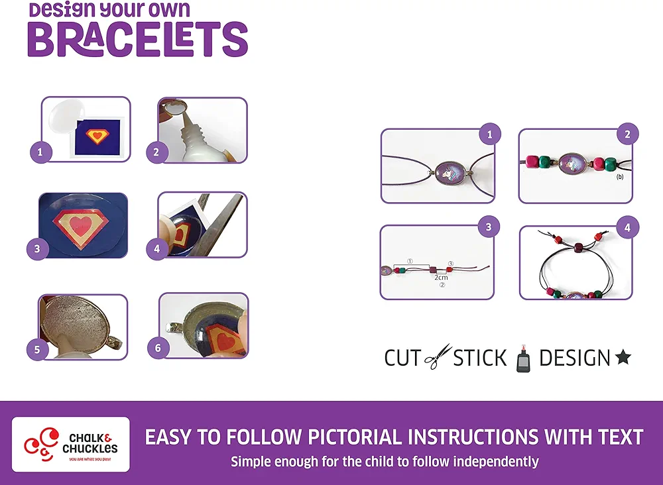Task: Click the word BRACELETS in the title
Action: pos(138,39)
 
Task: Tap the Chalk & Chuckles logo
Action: pos(71,444)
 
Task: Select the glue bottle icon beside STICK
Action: pos(524,358)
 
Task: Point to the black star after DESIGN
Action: pos(623,357)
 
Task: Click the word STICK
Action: pos(480,358)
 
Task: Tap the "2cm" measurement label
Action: pos(441,278)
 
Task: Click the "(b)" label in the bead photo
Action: pos(619,177)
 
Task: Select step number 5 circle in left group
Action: pos(37,349)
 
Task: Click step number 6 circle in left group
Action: pos(158,348)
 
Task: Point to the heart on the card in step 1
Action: pos(97,136)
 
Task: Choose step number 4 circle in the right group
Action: pos(627,227)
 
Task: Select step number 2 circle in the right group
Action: pos(627,135)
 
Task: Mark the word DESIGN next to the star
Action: pos(575,358)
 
